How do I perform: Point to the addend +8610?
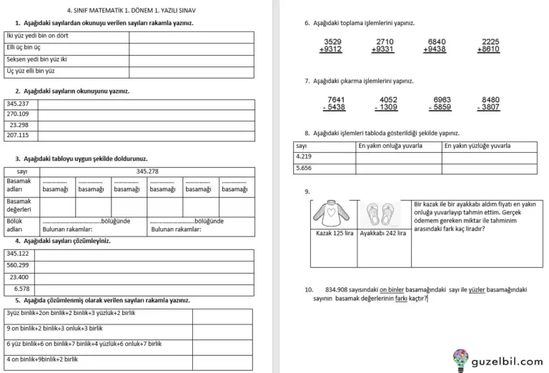click(490, 50)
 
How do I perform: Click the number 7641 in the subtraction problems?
click(335, 99)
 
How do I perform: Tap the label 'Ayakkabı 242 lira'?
click(383, 233)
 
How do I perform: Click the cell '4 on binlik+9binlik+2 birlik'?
click(44, 359)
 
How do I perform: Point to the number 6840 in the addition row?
click(437, 41)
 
